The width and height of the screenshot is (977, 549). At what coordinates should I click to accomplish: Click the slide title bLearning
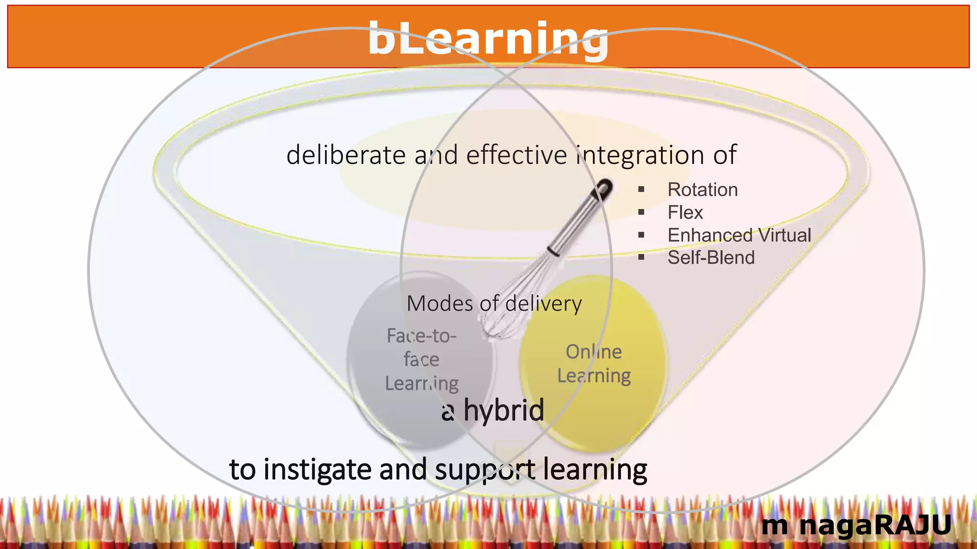tap(488, 39)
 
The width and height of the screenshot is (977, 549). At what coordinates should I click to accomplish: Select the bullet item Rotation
tap(702, 190)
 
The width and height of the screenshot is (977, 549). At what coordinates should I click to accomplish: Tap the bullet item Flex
tap(685, 213)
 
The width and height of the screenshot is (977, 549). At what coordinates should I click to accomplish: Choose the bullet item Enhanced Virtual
tap(739, 235)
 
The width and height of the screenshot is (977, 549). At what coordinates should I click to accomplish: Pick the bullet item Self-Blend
tap(711, 258)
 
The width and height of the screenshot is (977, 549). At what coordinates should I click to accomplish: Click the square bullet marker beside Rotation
tap(641, 190)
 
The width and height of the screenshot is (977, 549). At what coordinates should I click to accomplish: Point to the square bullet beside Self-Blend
tap(641, 258)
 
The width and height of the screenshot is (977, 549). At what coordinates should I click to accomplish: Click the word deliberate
tap(346, 155)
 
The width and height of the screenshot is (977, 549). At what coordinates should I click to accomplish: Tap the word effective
tap(516, 155)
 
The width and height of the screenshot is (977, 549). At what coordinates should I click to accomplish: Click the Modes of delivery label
tap(494, 304)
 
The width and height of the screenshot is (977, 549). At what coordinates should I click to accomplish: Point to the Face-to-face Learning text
tap(421, 360)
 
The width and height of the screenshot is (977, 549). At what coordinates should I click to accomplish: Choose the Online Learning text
tap(594, 364)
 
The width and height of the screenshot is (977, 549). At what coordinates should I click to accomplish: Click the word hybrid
tap(504, 410)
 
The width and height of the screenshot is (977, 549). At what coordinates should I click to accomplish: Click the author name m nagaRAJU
tap(856, 525)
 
